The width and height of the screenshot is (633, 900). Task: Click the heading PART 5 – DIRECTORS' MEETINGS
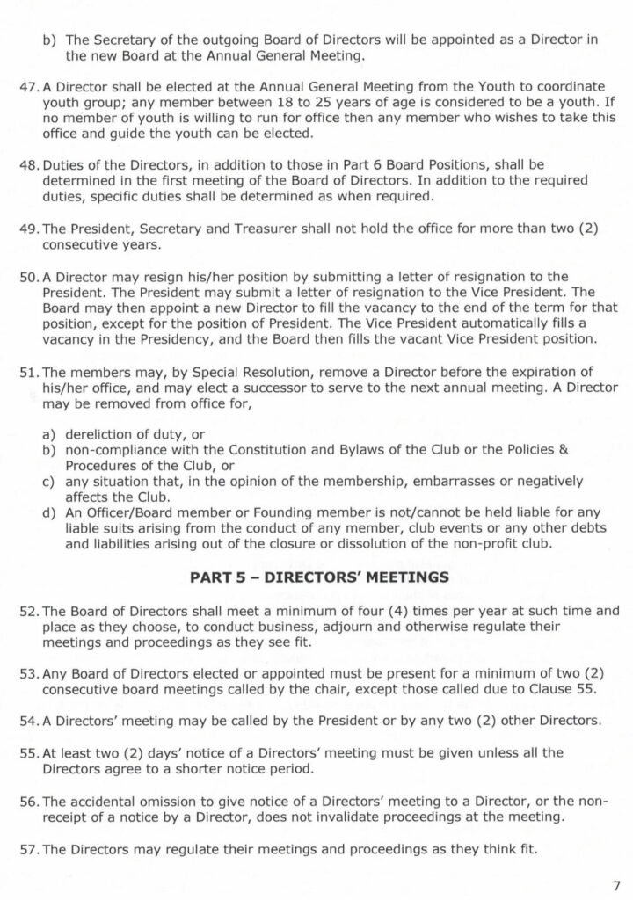[319, 577]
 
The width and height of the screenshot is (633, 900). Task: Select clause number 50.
[30, 277]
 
